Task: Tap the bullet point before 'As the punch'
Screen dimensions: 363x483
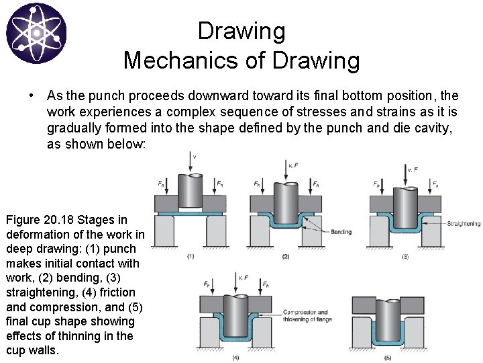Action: click(x=32, y=95)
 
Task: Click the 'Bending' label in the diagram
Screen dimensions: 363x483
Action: click(x=341, y=232)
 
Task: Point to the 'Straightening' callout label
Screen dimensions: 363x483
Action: click(x=463, y=223)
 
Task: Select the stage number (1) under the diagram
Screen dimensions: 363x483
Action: click(x=190, y=256)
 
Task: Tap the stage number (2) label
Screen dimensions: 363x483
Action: click(x=286, y=256)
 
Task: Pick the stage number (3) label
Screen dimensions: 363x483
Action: click(x=404, y=256)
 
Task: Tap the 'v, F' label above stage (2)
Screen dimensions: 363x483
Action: click(x=292, y=165)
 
